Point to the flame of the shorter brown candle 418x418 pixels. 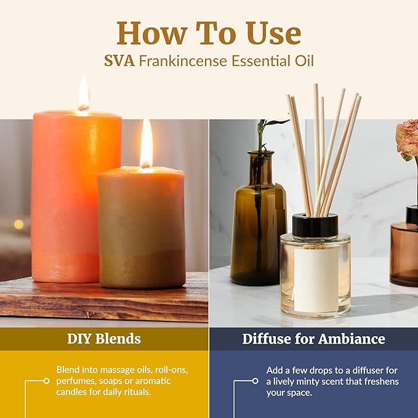147,145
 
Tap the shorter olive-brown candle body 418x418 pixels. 142,228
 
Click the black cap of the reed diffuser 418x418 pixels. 315,225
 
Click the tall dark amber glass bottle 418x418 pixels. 258,228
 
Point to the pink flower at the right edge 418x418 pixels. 408,139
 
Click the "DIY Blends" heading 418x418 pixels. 104,339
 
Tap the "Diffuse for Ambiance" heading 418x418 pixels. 313,339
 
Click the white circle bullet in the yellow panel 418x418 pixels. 46,381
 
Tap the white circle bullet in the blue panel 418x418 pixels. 255,381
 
